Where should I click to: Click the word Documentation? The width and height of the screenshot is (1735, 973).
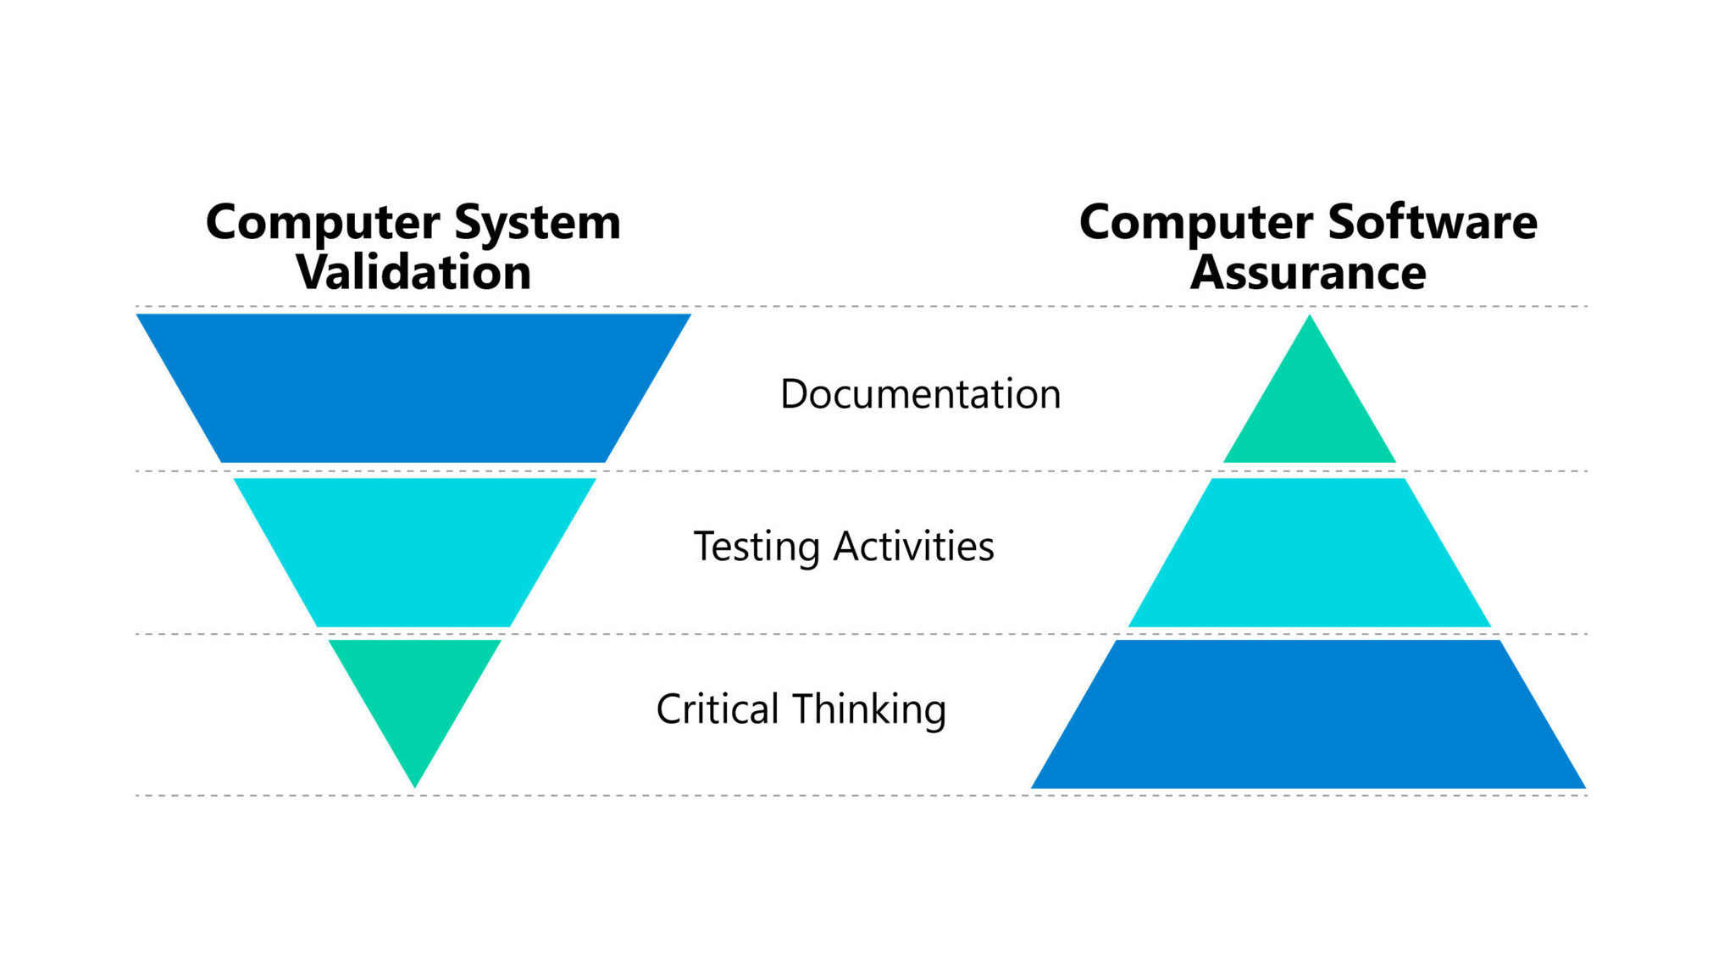point(920,394)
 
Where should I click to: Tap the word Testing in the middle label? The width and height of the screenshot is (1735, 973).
point(757,547)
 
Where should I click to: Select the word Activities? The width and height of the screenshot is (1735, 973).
point(913,546)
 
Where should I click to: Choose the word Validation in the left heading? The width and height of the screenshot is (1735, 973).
point(413,272)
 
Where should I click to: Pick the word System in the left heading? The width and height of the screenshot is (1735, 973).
point(537,223)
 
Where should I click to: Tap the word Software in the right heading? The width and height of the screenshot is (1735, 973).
point(1432,222)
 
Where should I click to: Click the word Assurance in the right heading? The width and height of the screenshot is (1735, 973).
point(1307,272)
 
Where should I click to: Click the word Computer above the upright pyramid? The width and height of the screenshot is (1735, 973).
point(1196,222)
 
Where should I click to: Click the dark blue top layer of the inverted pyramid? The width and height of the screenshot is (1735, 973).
point(413,387)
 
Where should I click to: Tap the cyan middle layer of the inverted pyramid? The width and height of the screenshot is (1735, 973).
point(413,551)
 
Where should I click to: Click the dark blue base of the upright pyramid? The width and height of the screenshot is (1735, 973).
point(1308,716)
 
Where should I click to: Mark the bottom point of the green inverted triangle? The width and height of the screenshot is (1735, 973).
point(414,786)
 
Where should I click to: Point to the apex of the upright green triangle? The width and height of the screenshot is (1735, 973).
point(1309,318)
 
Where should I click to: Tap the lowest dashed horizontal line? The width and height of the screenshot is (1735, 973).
point(847,795)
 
